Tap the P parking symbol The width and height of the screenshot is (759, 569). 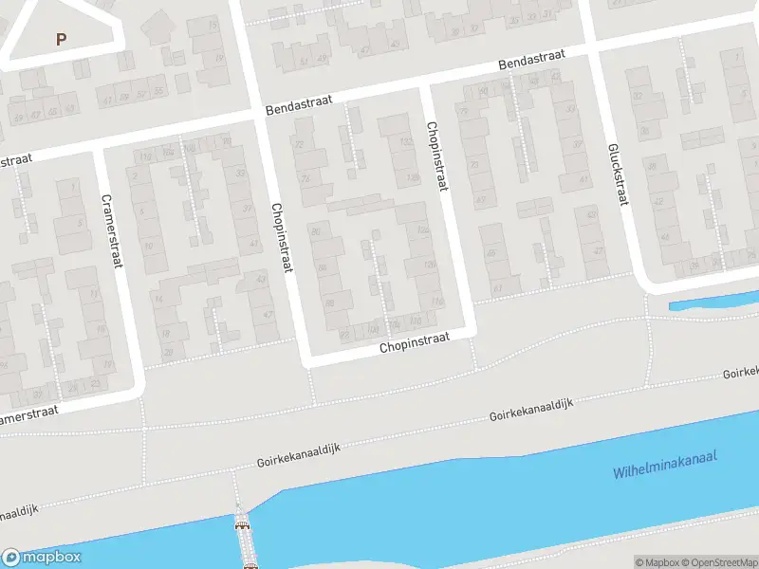62,40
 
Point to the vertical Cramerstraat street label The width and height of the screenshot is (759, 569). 112,231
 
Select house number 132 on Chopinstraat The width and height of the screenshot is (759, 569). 405,142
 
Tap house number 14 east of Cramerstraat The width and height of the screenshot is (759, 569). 158,300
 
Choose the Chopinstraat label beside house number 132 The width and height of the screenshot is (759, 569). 435,156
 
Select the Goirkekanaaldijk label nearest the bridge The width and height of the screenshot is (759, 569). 298,454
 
